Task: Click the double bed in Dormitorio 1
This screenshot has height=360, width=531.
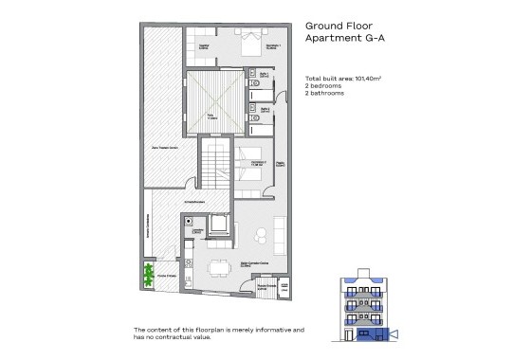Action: pyautogui.click(x=250, y=43)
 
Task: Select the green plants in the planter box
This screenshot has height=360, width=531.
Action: pyautogui.click(x=148, y=274)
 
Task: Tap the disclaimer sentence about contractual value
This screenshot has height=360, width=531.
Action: pyautogui.click(x=218, y=333)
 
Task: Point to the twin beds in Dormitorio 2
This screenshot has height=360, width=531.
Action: pyautogui.click(x=251, y=161)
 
